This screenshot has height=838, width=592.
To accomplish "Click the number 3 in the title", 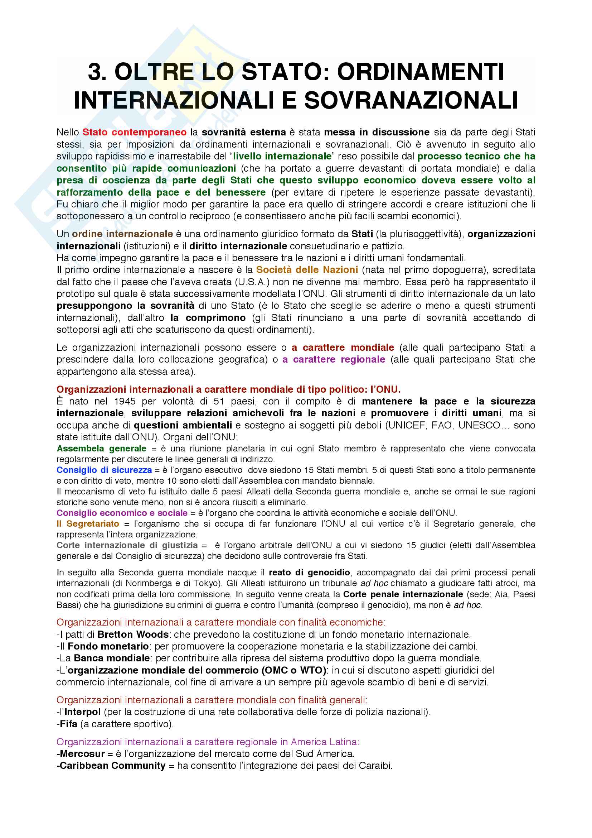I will click(96, 72).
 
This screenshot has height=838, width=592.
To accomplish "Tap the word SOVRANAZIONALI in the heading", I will click(411, 100).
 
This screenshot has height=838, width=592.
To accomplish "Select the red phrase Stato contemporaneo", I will click(135, 132).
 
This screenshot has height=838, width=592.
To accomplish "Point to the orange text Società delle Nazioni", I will click(307, 270).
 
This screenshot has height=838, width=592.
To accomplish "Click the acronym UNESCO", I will click(479, 425).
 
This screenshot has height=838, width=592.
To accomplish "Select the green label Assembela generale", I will click(101, 448).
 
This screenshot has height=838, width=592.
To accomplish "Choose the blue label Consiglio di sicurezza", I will click(104, 470).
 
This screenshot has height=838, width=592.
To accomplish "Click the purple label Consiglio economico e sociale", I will click(122, 513).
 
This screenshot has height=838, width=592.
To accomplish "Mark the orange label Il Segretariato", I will click(88, 524).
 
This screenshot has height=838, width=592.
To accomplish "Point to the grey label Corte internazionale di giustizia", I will click(127, 545).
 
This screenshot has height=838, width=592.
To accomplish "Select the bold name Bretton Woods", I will click(133, 635).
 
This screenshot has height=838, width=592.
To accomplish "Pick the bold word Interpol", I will click(82, 712).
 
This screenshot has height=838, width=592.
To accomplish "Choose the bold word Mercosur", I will click(82, 753).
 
